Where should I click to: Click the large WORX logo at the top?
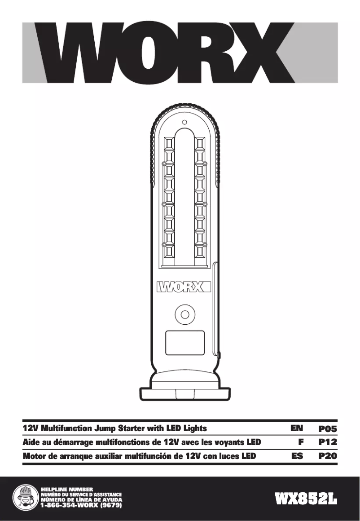(x=180, y=53)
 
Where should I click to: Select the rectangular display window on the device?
(x=184, y=343)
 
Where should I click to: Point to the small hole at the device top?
(x=184, y=122)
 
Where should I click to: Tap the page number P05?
(x=327, y=428)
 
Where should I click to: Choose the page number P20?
(x=327, y=456)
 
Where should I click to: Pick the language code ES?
(x=297, y=456)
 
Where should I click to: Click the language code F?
(x=301, y=442)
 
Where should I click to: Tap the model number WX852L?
(x=307, y=499)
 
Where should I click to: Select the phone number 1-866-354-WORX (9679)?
(x=81, y=505)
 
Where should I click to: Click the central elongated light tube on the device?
(x=184, y=198)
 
